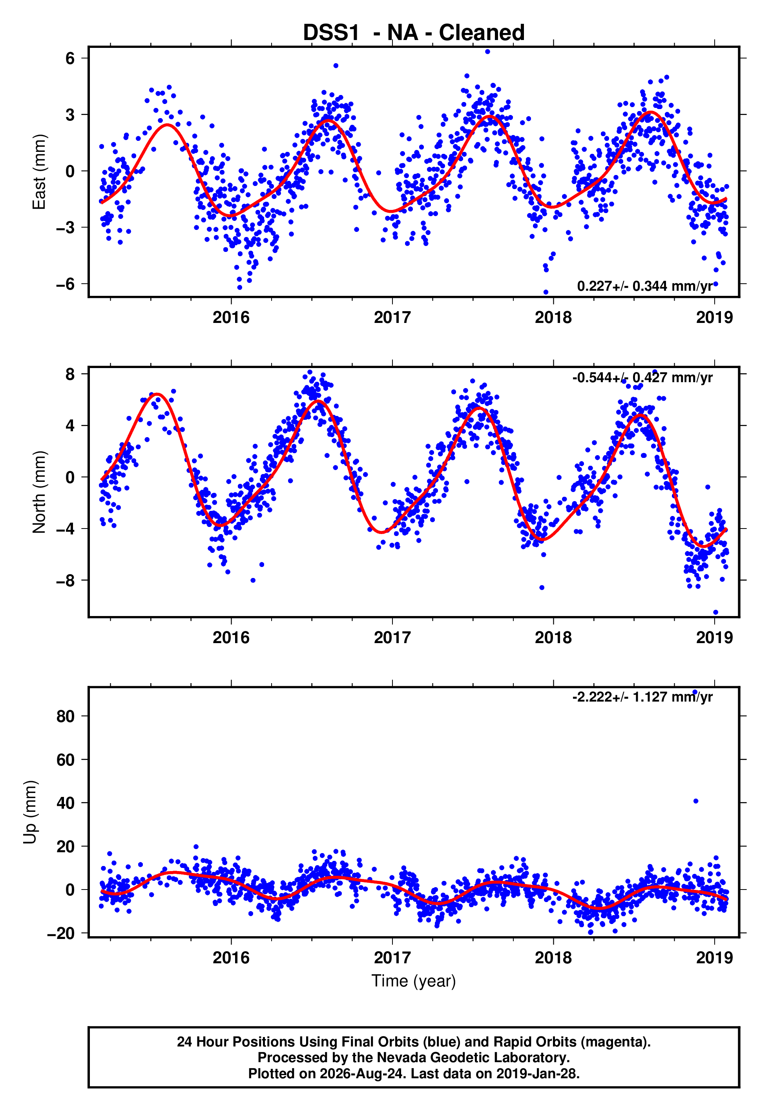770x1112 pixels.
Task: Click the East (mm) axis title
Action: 39,172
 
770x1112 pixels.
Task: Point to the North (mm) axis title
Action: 39,492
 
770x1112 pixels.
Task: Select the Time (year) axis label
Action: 414,981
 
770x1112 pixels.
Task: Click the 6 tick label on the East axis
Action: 70,58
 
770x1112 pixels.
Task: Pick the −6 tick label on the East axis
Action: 66,284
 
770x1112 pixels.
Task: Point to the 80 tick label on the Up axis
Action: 66,716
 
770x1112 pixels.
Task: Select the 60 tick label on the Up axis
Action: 66,760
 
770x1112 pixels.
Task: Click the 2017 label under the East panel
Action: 392,317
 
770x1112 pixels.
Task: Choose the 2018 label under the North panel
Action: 553,638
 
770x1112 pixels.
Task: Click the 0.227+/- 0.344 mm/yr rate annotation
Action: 645,286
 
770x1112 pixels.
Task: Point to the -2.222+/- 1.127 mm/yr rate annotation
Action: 642,697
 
